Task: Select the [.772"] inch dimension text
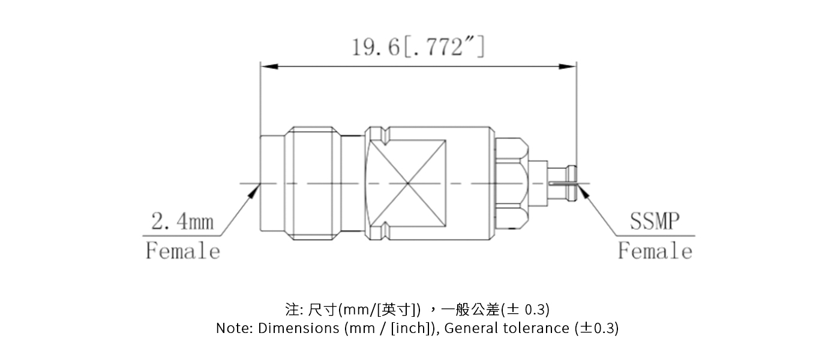[443, 46]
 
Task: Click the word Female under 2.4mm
[183, 250]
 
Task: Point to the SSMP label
[655, 221]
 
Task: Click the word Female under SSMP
[655, 250]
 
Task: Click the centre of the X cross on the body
[407, 183]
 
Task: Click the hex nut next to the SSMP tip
[511, 182]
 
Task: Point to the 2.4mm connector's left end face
[261, 183]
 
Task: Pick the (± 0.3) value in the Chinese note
[526, 310]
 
